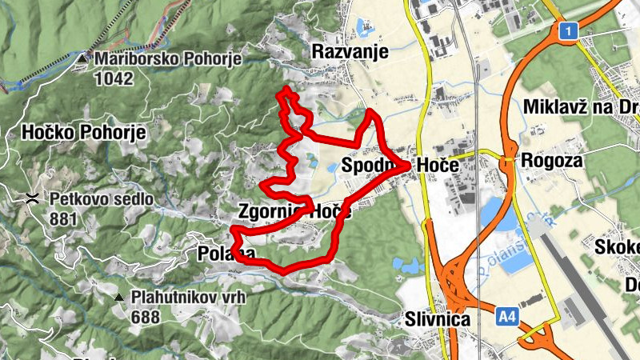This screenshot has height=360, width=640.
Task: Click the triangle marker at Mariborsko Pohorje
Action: tap(82, 58)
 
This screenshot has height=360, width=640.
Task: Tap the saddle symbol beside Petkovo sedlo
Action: tap(33, 198)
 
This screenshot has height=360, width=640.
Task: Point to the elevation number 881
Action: tap(63, 218)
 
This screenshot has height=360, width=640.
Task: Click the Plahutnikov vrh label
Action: tap(189, 297)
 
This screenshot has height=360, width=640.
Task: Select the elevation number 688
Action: tap(147, 317)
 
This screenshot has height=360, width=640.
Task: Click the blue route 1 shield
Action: tap(568, 31)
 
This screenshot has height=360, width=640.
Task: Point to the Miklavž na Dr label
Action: tap(581, 106)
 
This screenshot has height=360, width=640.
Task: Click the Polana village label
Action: tap(226, 254)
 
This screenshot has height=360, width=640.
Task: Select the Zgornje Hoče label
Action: tap(294, 212)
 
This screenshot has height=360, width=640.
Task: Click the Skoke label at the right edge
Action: tap(617, 246)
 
